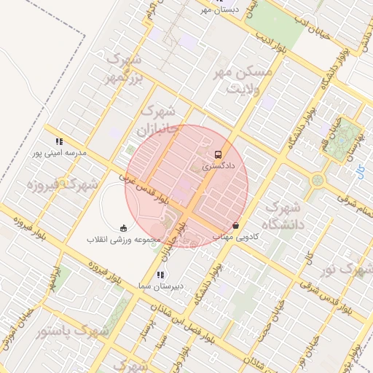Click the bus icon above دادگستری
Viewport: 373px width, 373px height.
(219, 154)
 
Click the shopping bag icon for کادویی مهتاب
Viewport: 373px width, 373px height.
(235, 225)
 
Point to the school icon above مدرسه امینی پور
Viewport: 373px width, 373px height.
(58, 141)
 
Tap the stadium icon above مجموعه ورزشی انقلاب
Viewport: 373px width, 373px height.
(122, 227)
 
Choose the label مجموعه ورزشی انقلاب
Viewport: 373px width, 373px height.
(121, 239)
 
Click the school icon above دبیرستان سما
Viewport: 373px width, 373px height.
(160, 275)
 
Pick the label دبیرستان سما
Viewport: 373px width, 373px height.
(160, 287)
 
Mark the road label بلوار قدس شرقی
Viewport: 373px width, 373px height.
(331, 291)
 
